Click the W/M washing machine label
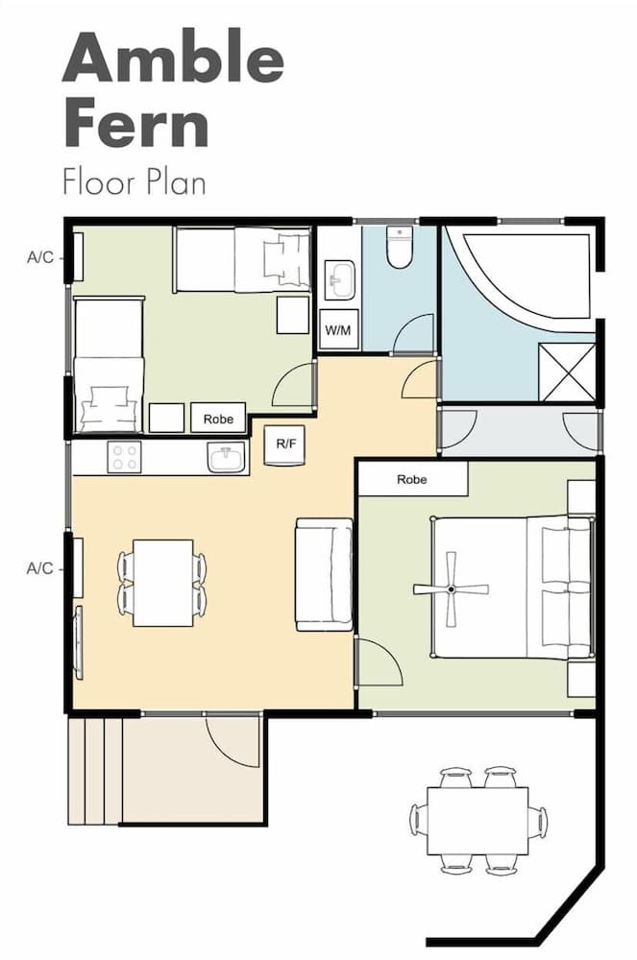click(337, 330)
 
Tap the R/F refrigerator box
click(284, 444)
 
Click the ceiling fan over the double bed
click(451, 588)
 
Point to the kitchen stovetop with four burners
click(125, 457)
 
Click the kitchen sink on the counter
click(226, 458)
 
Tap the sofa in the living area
click(323, 574)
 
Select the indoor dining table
click(162, 583)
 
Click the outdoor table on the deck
click(478, 820)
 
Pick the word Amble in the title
click(173, 60)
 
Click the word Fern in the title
click(135, 125)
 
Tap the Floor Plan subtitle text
click(134, 181)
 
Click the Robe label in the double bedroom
click(412, 479)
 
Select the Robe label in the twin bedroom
click(218, 419)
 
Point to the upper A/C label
click(39, 257)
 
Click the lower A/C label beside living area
click(39, 568)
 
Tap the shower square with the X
click(567, 372)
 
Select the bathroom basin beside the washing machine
click(338, 281)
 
